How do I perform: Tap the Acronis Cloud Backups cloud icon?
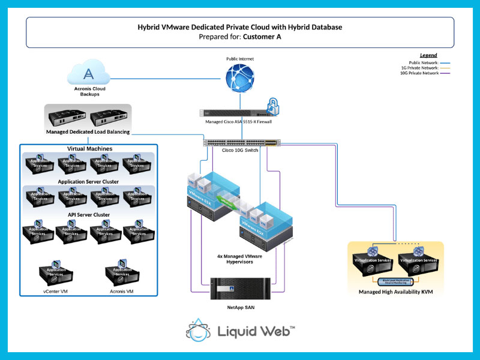(89, 74)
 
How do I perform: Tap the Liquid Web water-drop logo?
(199, 331)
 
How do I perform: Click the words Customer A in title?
(262, 37)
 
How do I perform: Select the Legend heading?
(428, 55)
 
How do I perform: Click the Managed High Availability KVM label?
(395, 292)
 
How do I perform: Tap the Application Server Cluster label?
(88, 181)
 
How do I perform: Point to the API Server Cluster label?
(88, 214)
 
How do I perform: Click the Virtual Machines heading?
(89, 148)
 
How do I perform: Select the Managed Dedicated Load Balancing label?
(88, 131)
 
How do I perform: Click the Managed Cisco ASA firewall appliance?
(231, 112)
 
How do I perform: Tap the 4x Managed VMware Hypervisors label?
(240, 259)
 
